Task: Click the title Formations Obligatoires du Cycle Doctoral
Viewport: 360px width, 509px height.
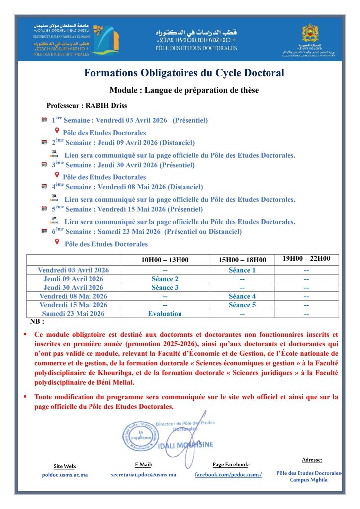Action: point(184,73)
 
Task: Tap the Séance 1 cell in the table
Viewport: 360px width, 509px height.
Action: point(242,270)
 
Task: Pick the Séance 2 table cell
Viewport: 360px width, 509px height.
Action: point(165,279)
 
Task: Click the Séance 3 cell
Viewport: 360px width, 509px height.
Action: point(165,288)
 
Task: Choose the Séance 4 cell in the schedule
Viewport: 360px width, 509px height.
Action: point(242,296)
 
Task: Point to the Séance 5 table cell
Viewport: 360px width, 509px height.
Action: point(242,305)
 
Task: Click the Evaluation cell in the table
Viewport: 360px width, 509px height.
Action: point(165,314)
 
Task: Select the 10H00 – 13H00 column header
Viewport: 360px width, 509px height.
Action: point(165,260)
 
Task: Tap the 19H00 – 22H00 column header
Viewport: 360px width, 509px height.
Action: point(306,259)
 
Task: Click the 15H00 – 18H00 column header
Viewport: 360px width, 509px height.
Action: point(242,260)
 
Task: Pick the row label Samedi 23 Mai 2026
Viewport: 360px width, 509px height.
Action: point(73,314)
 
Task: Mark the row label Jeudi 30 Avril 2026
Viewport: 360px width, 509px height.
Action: point(73,288)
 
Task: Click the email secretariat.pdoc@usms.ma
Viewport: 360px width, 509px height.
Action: point(143,475)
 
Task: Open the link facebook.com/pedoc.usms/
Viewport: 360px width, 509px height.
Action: point(228,475)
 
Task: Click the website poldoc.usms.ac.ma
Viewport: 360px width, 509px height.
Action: point(65,475)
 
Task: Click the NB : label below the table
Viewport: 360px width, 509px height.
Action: point(37,322)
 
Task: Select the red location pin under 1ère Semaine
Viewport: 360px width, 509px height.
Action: point(57,131)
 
